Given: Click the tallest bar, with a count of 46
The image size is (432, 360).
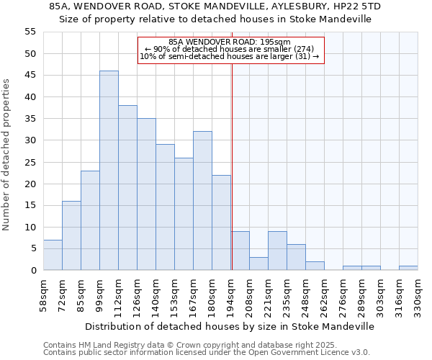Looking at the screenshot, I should (x=109, y=171).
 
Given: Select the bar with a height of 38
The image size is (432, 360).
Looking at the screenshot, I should (x=127, y=188).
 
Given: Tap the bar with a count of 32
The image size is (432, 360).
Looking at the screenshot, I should (x=202, y=201).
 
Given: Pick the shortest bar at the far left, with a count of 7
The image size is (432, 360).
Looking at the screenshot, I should (x=53, y=255).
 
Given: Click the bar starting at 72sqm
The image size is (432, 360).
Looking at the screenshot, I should (x=71, y=235).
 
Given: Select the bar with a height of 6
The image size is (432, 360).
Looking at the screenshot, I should (x=296, y=257).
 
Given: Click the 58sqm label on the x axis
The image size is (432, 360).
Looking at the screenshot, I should (x=44, y=292).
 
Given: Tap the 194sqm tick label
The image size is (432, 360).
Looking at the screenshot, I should (x=231, y=292).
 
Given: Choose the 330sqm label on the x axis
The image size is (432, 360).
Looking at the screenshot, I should (x=418, y=292).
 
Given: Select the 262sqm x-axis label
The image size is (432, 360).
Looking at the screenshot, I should (x=325, y=292).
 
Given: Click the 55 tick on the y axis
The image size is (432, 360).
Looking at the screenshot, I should (x=30, y=32).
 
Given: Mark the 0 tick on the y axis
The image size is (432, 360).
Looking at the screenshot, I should (x=33, y=270).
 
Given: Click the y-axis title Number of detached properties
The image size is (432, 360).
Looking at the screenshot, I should (x=7, y=155).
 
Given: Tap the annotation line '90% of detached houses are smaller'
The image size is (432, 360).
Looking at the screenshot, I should (x=230, y=49).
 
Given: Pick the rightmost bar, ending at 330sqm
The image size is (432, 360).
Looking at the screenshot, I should (x=408, y=268).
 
